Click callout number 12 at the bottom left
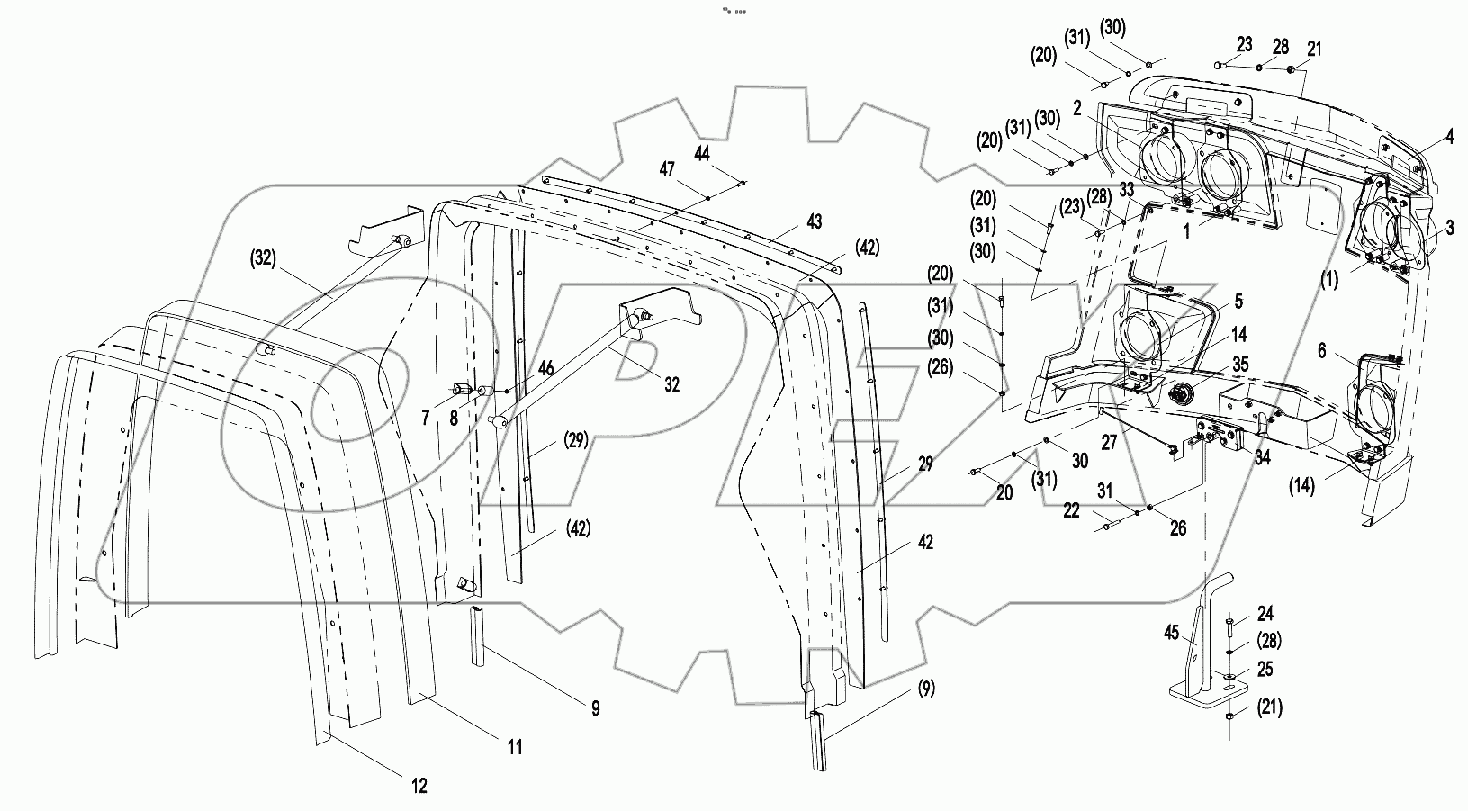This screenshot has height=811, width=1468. point(419,785)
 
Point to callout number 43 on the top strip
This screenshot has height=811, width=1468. point(813,221)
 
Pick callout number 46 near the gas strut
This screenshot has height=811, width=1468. point(545,368)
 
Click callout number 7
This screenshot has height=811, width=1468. point(426,419)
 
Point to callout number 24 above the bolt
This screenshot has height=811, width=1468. point(1265,614)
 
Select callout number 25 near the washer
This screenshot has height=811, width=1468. point(1265,670)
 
